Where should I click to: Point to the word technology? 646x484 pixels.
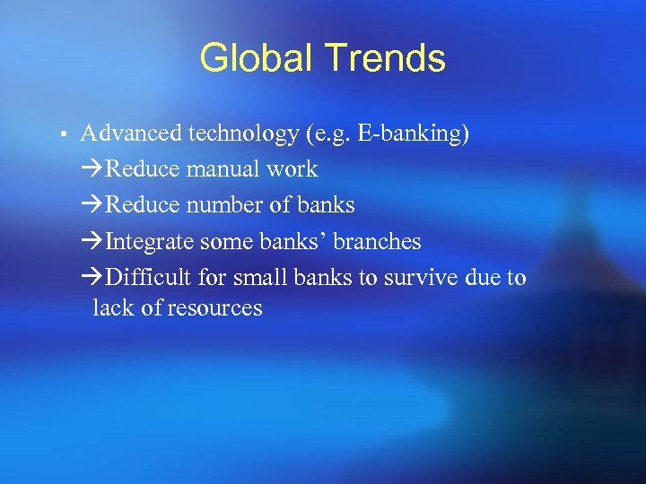coord(244,134)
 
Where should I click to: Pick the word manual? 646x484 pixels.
coord(224,169)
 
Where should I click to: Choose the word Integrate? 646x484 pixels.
coord(150,242)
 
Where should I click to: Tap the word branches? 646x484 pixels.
coord(377,242)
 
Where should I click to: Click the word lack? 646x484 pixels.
coord(111,308)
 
